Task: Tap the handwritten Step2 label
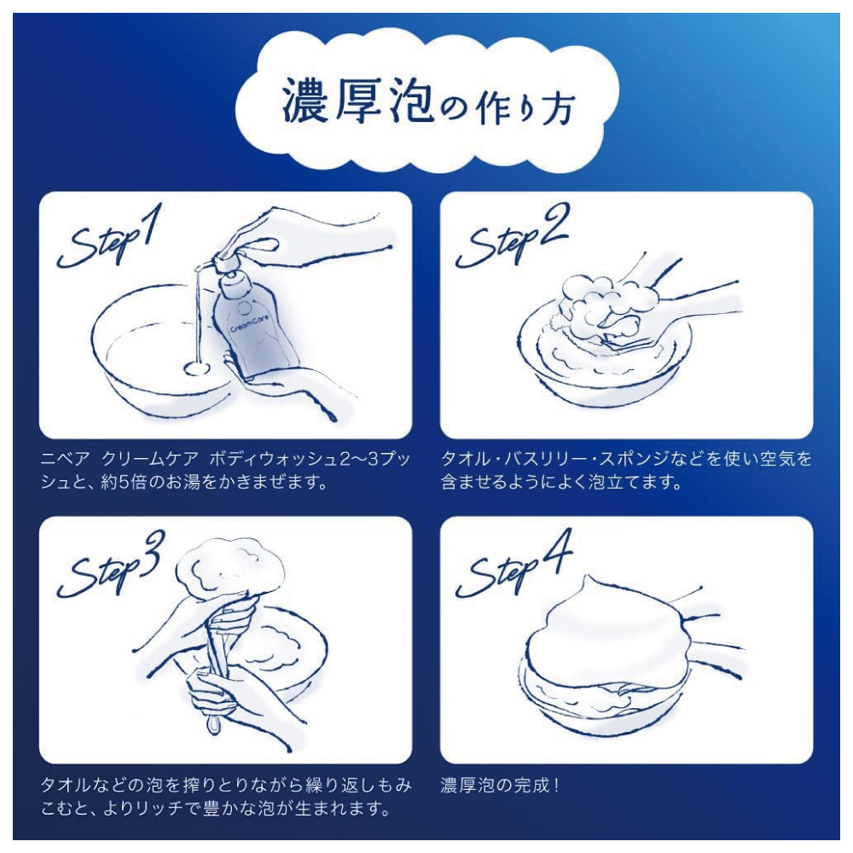tap(512, 236)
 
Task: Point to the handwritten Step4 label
tap(514, 565)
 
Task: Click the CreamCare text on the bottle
tap(250, 323)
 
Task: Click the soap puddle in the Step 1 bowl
tap(197, 368)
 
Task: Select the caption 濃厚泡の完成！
tap(499, 785)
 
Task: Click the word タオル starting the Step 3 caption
tap(66, 785)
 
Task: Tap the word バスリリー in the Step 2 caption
tap(545, 459)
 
